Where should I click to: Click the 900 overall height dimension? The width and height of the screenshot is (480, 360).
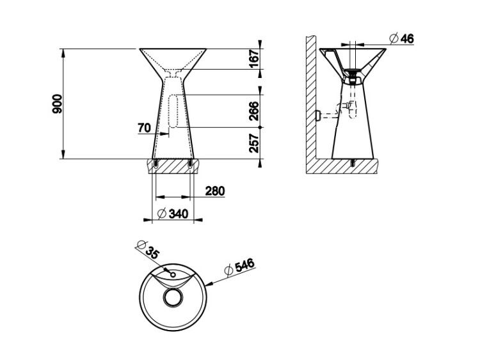[x=57, y=104]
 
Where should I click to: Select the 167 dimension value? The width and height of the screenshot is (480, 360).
[x=254, y=59]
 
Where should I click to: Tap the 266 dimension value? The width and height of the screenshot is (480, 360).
[x=254, y=111]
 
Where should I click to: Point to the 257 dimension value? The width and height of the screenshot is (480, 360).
[x=254, y=143]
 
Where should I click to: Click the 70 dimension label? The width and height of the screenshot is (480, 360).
[x=145, y=128]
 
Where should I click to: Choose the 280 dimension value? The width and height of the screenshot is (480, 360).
[x=215, y=191]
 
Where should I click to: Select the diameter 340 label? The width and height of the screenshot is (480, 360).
[x=172, y=214]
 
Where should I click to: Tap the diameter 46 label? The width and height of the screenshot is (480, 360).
[x=401, y=38]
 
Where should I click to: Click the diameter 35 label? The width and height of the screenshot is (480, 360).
[x=148, y=250]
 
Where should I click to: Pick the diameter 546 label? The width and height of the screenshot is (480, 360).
[x=239, y=267]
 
